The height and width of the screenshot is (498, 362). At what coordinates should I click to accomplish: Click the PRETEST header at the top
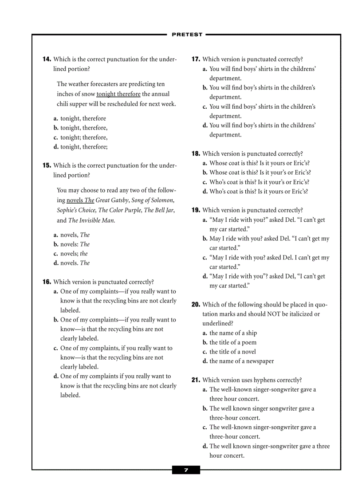pyautogui.click(x=187, y=35)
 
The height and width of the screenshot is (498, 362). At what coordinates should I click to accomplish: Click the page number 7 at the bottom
pyautogui.click(x=186, y=470)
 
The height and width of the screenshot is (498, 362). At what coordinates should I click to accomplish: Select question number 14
pyautogui.click(x=47, y=59)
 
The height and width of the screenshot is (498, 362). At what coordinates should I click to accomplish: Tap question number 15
pyautogui.click(x=47, y=166)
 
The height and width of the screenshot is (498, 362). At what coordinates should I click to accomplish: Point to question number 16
pyautogui.click(x=47, y=282)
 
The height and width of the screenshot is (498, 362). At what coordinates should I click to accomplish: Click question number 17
pyautogui.click(x=196, y=59)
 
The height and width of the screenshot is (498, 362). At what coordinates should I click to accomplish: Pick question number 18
pyautogui.click(x=196, y=154)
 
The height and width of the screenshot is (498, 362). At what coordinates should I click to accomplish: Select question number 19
pyautogui.click(x=196, y=210)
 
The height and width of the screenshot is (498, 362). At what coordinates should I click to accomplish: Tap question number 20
pyautogui.click(x=196, y=305)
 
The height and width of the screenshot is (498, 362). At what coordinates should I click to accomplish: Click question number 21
pyautogui.click(x=196, y=380)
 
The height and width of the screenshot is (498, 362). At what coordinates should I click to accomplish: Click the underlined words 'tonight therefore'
pyautogui.click(x=118, y=94)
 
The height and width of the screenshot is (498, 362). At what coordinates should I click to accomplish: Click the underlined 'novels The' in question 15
pyautogui.click(x=80, y=200)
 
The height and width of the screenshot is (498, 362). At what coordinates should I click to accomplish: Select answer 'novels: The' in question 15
pyautogui.click(x=75, y=244)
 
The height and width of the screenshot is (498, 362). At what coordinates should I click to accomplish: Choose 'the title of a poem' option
pyautogui.click(x=233, y=342)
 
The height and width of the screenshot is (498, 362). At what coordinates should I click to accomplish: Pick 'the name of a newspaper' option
pyautogui.click(x=241, y=361)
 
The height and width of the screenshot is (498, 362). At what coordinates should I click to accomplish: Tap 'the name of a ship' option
pyautogui.click(x=233, y=333)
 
